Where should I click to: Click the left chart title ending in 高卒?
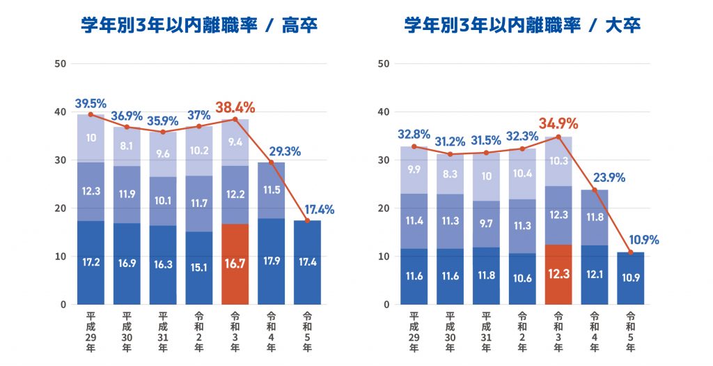(198, 26)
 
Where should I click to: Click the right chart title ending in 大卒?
(522, 26)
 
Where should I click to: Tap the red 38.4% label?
(235, 107)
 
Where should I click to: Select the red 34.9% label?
(558, 124)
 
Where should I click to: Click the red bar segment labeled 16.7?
(235, 264)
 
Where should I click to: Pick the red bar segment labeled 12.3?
(558, 275)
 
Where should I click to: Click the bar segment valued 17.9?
(272, 261)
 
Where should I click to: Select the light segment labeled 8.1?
(127, 146)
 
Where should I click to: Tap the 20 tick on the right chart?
(383, 208)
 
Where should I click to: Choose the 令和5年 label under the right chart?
(631, 328)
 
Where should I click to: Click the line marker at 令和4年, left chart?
(272, 162)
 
